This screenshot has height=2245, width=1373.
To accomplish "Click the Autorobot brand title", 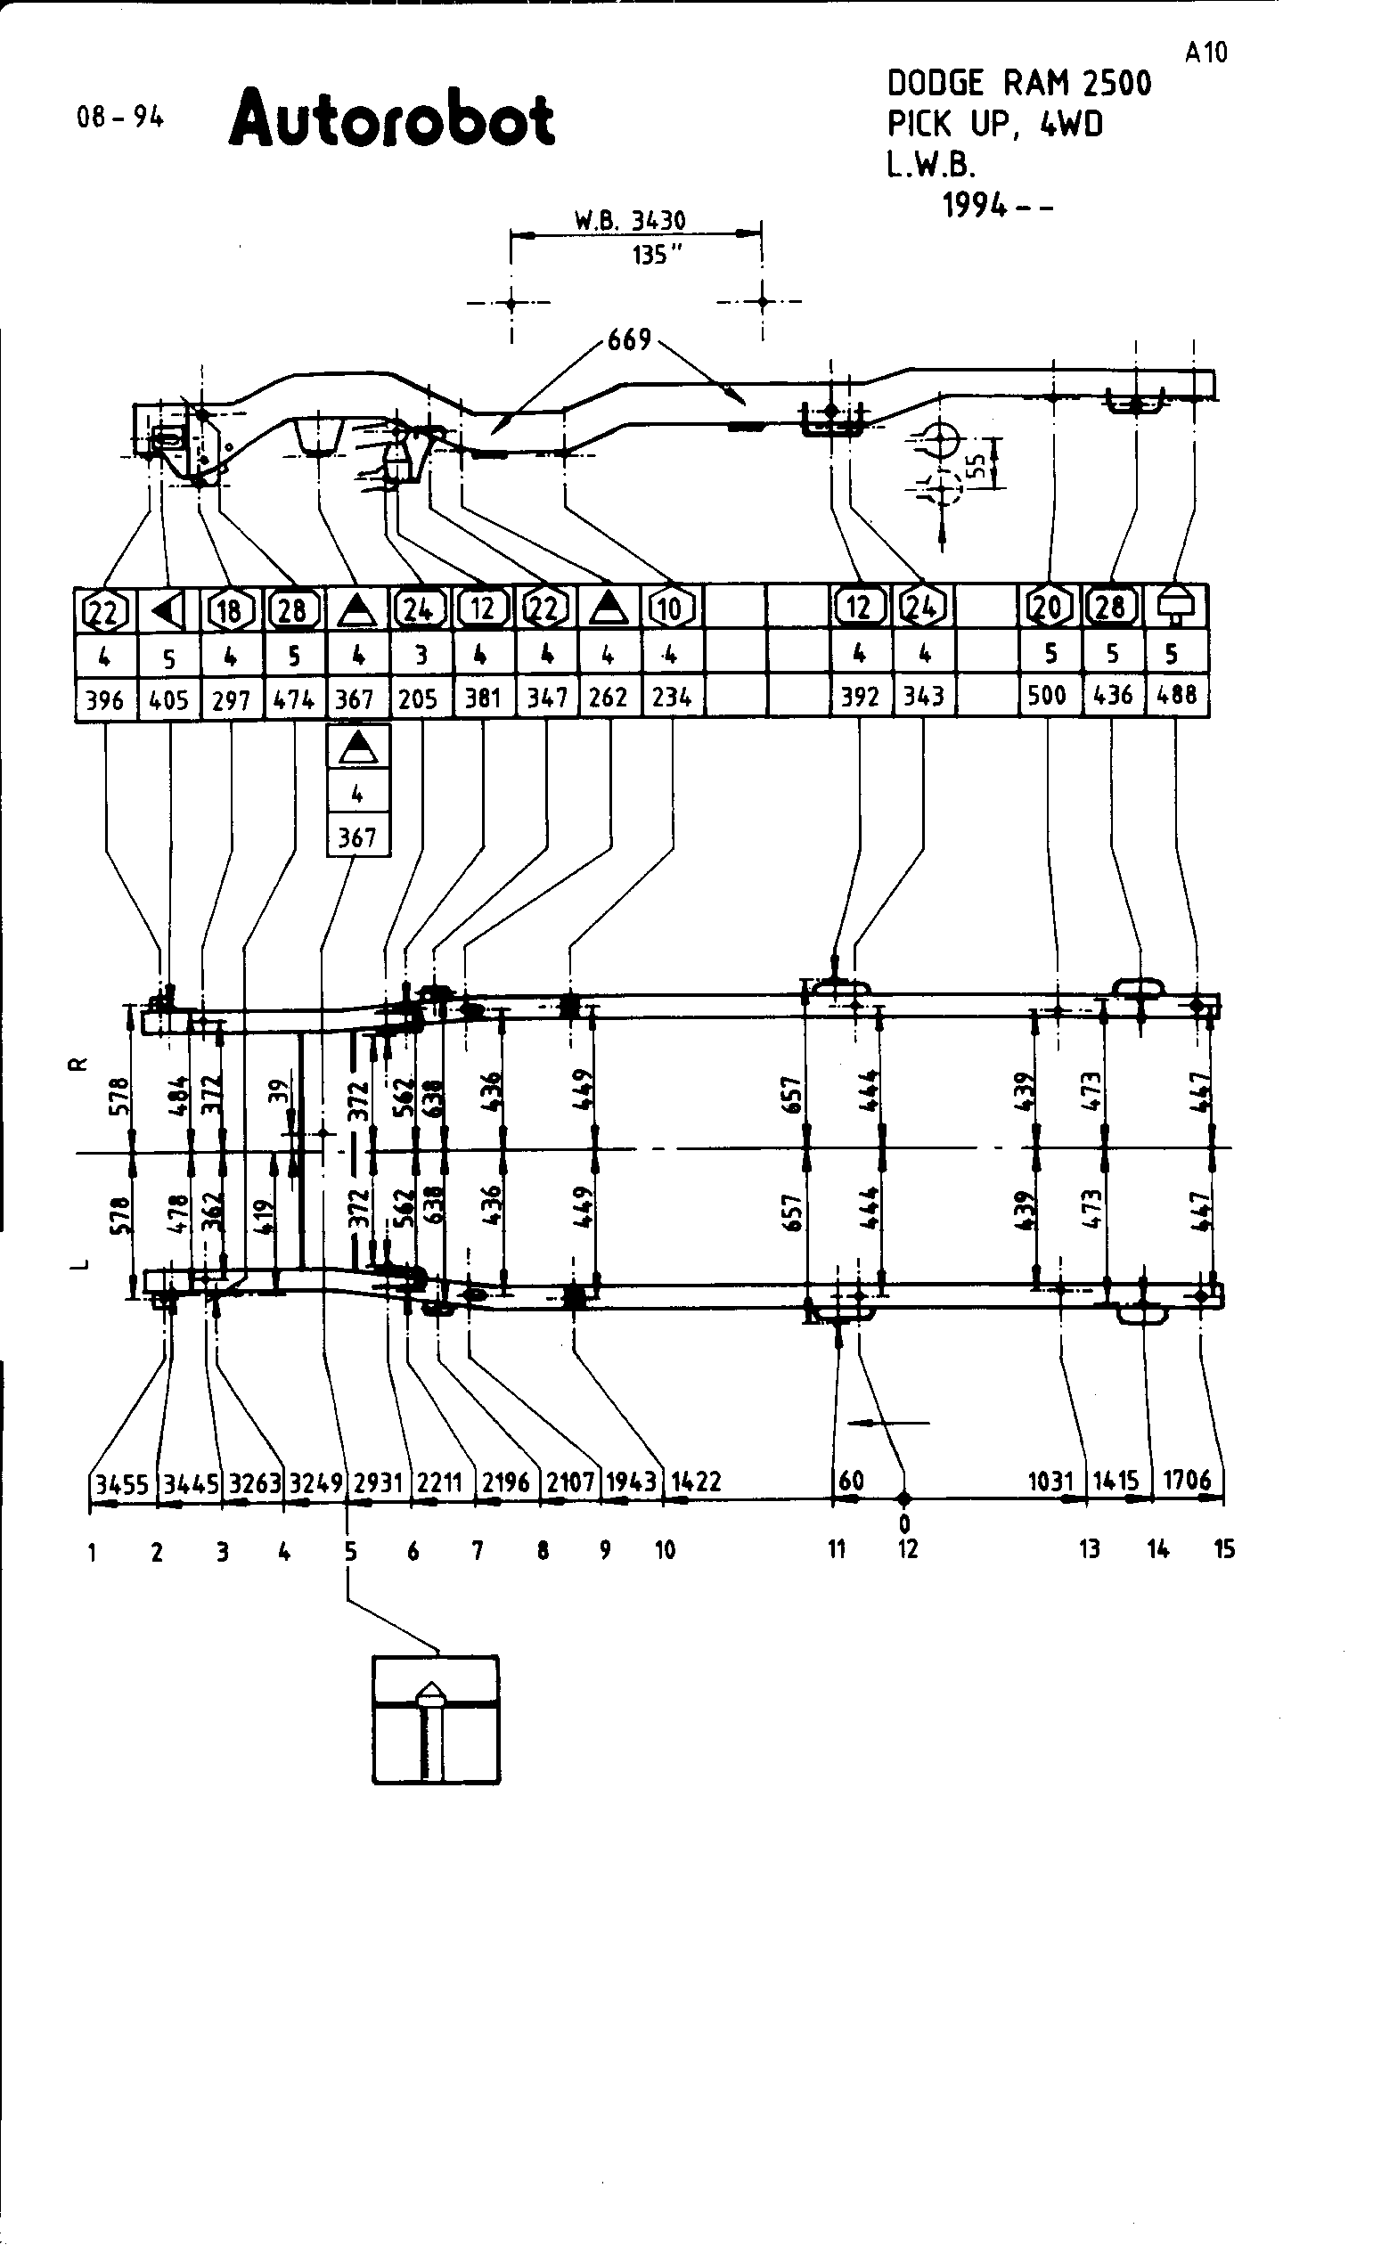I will click(x=391, y=120).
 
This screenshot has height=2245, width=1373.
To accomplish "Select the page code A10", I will click(x=1206, y=53).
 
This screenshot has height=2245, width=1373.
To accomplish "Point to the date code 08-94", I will click(x=120, y=118).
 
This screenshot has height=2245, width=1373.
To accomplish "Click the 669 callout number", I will click(x=630, y=339).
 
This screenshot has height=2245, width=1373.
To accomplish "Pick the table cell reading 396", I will click(x=105, y=699).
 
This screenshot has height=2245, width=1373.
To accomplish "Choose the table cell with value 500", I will click(x=1047, y=695).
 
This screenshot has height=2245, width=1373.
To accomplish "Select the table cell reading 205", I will click(x=418, y=698).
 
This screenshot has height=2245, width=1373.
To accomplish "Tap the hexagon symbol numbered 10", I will click(x=670, y=608).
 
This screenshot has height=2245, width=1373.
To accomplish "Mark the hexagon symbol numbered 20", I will click(x=1048, y=606).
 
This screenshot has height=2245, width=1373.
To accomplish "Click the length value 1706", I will click(x=1186, y=1480).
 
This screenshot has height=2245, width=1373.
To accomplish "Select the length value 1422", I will click(x=696, y=1482).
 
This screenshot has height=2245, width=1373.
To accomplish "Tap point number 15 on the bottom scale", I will click(x=1223, y=1549).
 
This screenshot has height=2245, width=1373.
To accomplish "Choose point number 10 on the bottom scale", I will click(x=665, y=1550).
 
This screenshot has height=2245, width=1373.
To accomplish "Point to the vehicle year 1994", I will click(x=974, y=206).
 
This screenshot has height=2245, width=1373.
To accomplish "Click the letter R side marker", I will click(x=80, y=1064).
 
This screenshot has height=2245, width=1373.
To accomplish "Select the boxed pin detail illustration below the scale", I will click(x=436, y=1719).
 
